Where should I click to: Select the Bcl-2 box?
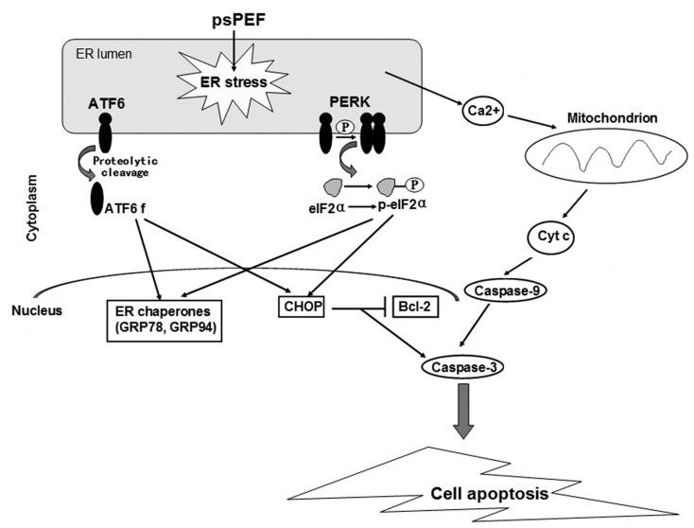point(415,308)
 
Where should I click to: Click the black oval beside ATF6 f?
point(98,199)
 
